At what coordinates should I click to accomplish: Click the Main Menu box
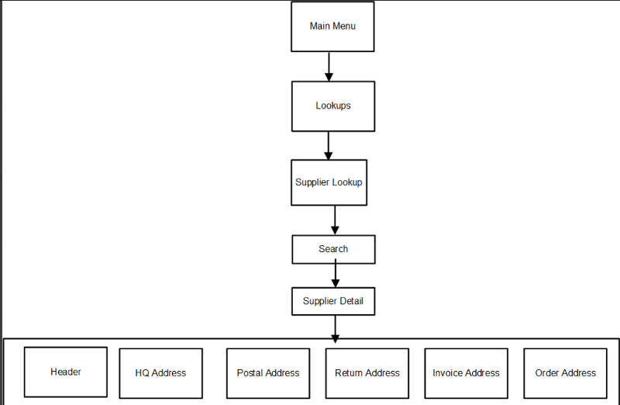coord(332,26)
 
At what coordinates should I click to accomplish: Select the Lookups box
coord(332,106)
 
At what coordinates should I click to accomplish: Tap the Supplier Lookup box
coord(329,183)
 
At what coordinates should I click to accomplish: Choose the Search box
coord(333,249)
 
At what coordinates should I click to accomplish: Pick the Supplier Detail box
coord(333,301)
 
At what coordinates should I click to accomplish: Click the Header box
coord(66,372)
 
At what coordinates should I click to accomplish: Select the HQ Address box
coord(160,373)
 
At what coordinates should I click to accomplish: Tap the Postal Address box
coord(267,373)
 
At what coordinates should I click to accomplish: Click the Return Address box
coord(367,373)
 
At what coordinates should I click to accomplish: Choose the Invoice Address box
coord(466,373)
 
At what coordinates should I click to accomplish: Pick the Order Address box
coord(565,373)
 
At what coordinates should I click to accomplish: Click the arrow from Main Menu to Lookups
coord(329,67)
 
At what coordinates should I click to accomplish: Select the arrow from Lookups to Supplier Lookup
coord(329,145)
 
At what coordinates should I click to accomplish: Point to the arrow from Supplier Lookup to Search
coord(335,220)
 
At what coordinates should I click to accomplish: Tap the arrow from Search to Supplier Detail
coord(335,275)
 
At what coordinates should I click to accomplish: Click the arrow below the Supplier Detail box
coord(335,328)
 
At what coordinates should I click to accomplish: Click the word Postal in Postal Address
coord(250,373)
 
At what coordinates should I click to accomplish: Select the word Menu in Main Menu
coord(345,26)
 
